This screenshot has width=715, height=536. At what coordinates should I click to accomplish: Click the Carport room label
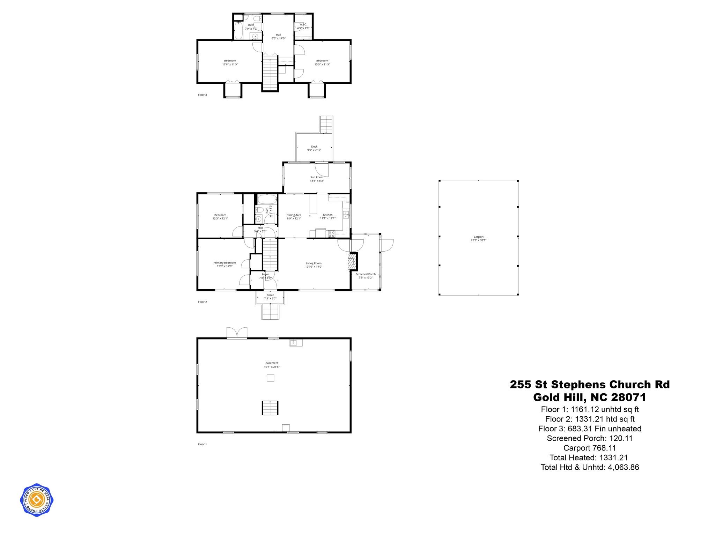point(478,238)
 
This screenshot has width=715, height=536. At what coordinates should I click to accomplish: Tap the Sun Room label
point(317,179)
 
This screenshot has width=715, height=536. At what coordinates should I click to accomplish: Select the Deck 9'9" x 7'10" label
point(314,148)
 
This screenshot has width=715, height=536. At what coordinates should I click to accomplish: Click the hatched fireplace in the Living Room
point(352,262)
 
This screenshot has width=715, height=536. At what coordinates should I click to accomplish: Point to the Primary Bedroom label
point(224,264)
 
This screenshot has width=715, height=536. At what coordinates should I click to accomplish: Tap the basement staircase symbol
point(270,408)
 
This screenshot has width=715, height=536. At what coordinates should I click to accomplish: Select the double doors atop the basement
point(237,333)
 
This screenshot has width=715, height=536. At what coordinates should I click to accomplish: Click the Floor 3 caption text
point(202,95)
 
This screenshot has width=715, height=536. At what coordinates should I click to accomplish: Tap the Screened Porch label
point(366,276)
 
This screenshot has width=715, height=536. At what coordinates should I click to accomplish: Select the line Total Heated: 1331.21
point(589,457)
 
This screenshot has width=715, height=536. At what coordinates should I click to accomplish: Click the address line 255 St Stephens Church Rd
point(590,385)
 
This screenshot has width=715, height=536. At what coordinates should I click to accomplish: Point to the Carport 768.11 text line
point(589,448)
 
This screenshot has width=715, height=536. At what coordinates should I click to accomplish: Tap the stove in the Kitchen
point(331,234)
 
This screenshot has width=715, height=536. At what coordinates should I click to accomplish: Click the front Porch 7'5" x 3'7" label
point(270,297)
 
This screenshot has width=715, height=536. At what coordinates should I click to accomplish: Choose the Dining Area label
point(294,216)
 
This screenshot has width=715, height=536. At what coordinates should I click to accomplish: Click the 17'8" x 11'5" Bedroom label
point(230,62)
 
